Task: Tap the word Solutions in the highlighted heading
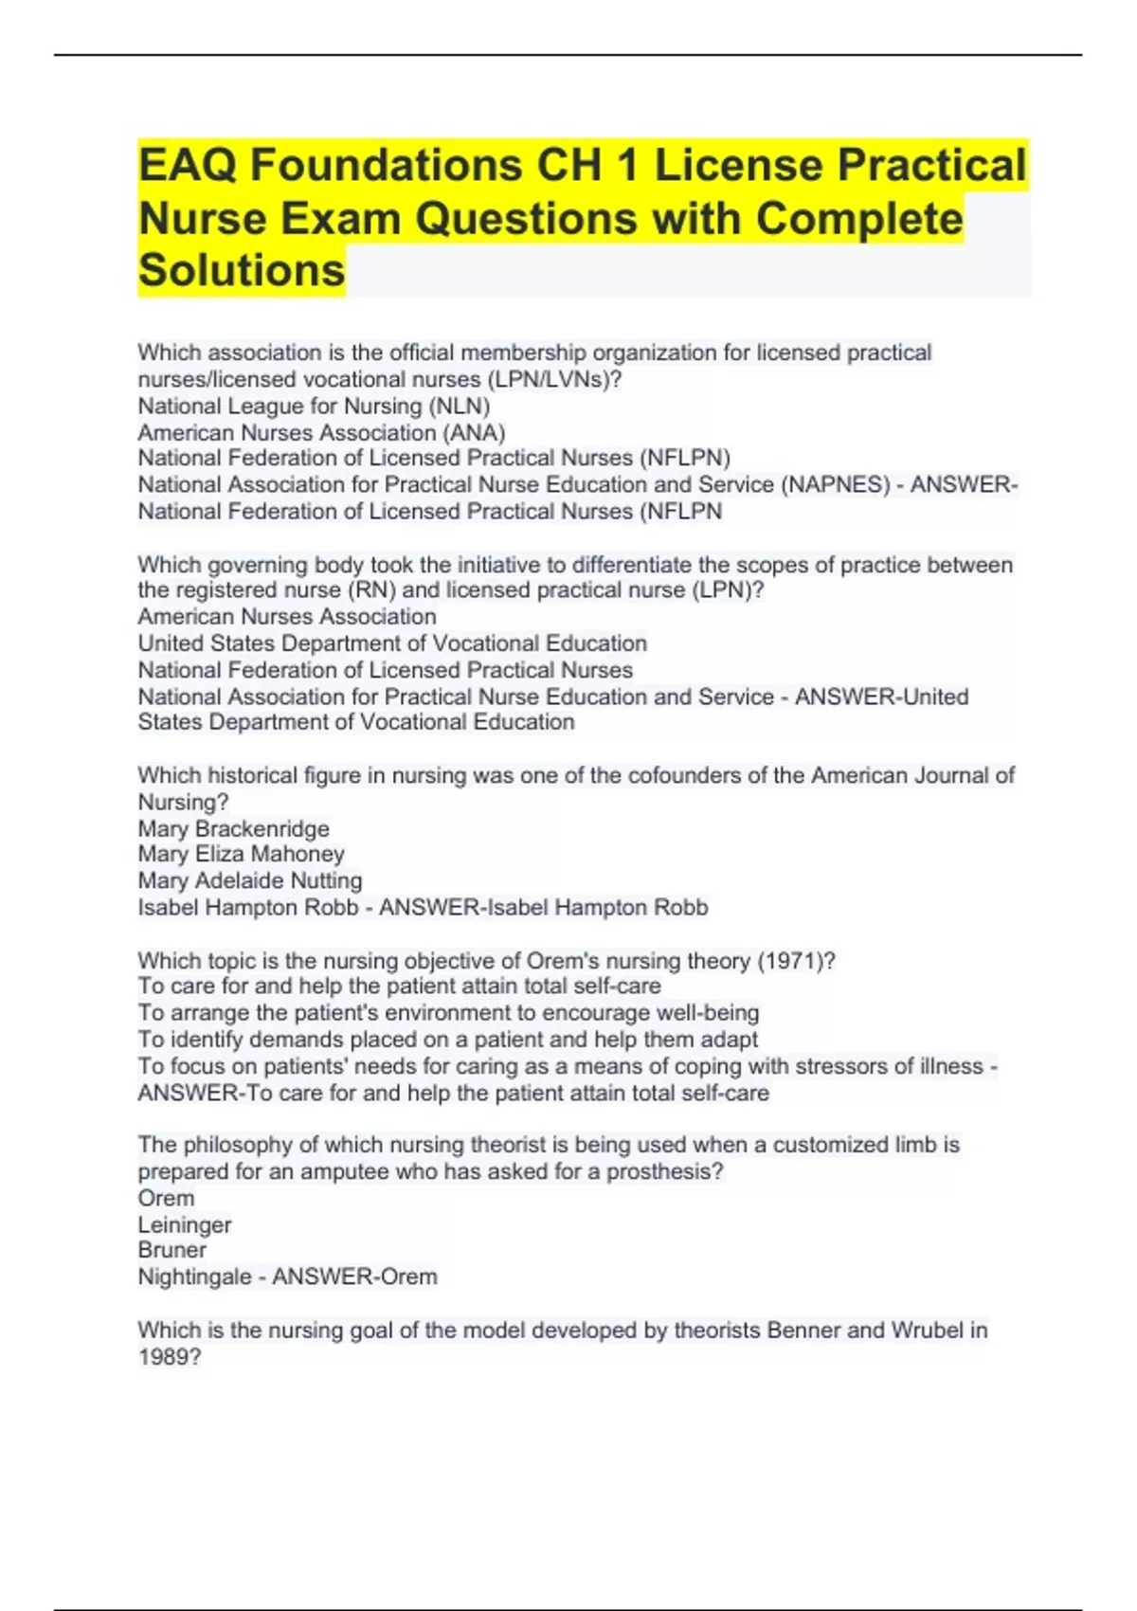[x=242, y=270]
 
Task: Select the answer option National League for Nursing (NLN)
[x=314, y=406]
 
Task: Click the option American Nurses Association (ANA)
[x=321, y=432]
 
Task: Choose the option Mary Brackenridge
[x=233, y=828]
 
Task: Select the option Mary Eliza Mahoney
[x=241, y=854]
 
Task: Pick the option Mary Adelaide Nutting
[x=249, y=880]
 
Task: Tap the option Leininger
[x=184, y=1224]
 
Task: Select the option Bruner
[x=171, y=1250]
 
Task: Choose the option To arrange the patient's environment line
[x=448, y=1012]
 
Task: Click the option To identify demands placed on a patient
[x=447, y=1039]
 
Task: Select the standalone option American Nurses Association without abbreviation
[x=286, y=616]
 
